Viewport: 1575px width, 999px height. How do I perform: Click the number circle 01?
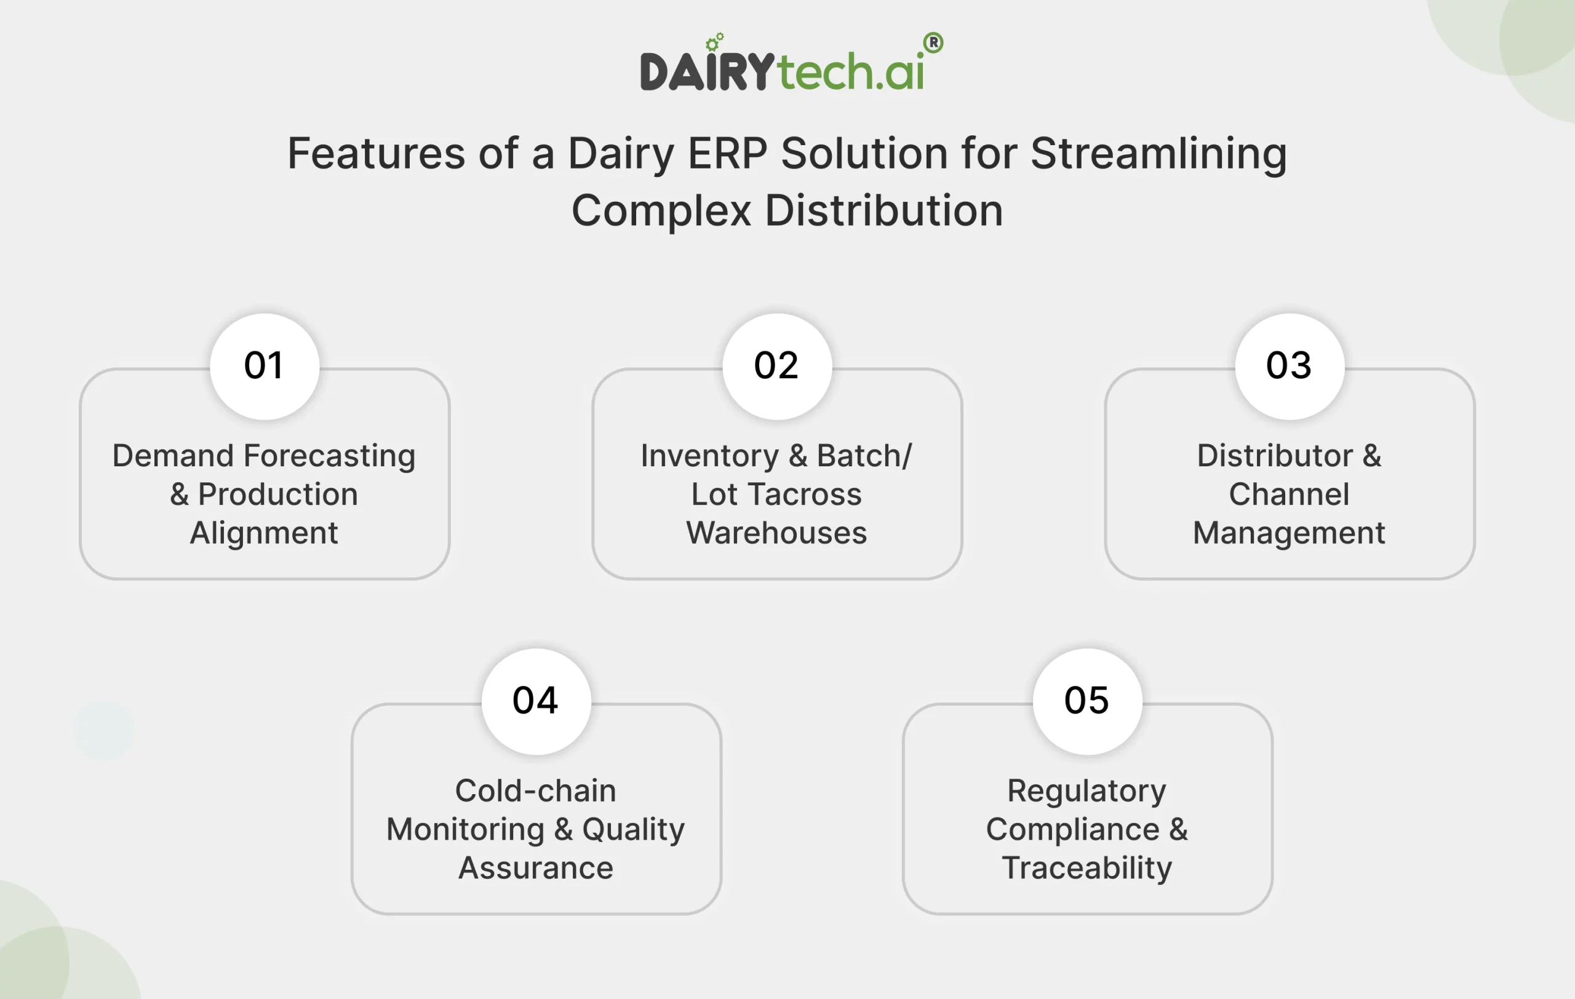click(x=265, y=366)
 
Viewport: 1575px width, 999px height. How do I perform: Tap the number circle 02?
click(x=777, y=366)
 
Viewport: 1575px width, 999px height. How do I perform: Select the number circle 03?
click(x=1289, y=366)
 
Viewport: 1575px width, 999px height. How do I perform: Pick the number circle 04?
click(x=536, y=701)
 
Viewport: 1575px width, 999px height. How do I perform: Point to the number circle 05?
click(x=1087, y=701)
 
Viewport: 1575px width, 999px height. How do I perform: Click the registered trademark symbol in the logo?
click(x=933, y=43)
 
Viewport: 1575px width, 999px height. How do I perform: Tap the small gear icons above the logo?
click(x=714, y=42)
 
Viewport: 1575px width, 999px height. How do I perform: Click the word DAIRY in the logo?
click(x=707, y=72)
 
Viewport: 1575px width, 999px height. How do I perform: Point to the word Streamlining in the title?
click(x=1158, y=154)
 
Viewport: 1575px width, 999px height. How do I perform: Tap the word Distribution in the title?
click(x=883, y=211)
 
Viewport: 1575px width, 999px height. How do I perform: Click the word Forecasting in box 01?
click(x=330, y=456)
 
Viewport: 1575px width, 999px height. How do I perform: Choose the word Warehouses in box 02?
click(x=776, y=533)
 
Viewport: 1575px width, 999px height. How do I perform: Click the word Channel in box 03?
click(x=1288, y=494)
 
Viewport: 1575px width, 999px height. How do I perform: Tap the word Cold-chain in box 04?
click(x=536, y=791)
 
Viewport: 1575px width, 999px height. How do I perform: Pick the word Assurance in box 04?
click(x=536, y=868)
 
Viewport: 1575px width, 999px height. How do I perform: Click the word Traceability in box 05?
click(x=1087, y=868)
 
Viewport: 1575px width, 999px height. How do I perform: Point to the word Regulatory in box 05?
click(x=1087, y=791)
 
